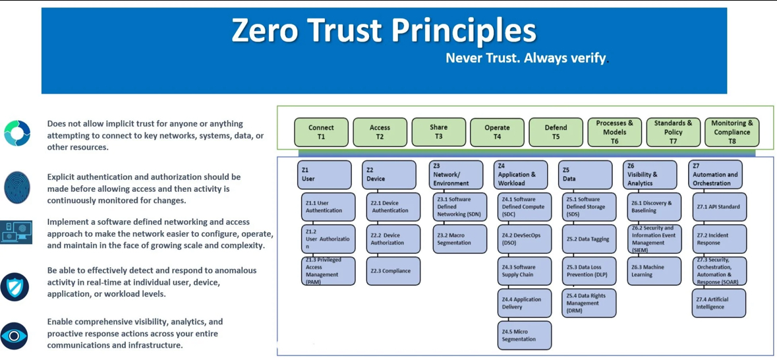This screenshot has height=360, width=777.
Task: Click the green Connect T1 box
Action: click(x=321, y=132)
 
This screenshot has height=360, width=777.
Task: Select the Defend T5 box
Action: click(x=556, y=132)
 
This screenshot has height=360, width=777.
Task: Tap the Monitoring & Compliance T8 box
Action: click(x=732, y=132)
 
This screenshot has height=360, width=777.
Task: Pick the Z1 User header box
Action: click(x=324, y=175)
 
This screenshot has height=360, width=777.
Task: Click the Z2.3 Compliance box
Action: click(x=393, y=271)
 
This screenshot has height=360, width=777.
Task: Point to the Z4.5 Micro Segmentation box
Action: click(x=525, y=335)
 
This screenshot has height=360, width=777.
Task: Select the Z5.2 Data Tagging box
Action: click(x=589, y=239)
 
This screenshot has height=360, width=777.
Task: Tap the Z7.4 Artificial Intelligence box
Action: click(x=719, y=303)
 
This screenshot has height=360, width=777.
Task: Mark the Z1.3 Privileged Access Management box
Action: click(x=328, y=271)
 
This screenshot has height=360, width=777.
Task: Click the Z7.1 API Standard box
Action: click(x=719, y=207)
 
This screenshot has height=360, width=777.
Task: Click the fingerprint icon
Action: click(x=17, y=188)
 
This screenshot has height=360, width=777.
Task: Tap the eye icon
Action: click(x=14, y=336)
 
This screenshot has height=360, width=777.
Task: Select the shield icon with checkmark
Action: click(x=14, y=287)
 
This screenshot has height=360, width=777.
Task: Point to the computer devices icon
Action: click(x=16, y=232)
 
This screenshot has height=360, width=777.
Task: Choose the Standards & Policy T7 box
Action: click(x=673, y=132)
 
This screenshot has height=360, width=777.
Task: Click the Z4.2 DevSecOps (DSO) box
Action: click(x=525, y=239)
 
